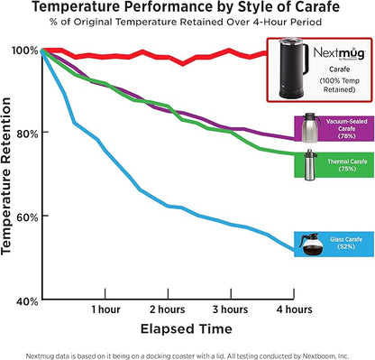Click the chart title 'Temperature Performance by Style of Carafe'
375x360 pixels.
pyautogui.click(x=187, y=10)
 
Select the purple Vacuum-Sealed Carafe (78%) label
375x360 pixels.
pyautogui.click(x=343, y=130)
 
